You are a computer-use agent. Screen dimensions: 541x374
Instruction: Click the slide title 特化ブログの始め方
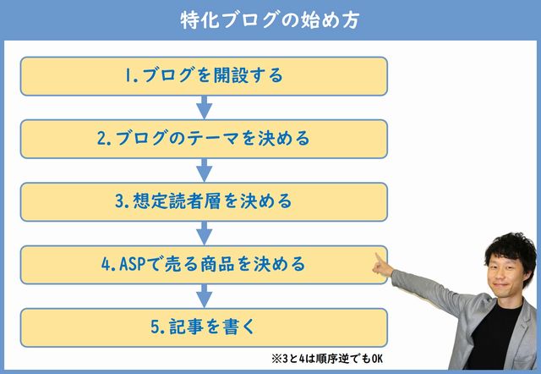pos(270,19)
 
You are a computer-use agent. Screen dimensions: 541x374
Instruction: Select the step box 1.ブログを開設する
pos(204,76)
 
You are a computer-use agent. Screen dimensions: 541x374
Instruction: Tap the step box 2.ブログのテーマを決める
pos(204,139)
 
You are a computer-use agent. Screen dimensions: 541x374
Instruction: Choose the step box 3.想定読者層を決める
pos(204,202)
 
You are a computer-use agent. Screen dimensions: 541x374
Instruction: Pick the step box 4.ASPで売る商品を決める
pos(204,265)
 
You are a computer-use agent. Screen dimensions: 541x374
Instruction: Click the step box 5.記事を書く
pos(204,327)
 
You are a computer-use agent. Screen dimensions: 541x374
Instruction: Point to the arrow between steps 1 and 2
pos(205,107)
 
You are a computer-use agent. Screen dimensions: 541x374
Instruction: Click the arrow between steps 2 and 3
pos(205,170)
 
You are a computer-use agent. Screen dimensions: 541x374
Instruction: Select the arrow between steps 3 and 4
pos(205,233)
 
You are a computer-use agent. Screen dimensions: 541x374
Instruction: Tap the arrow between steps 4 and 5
pos(205,296)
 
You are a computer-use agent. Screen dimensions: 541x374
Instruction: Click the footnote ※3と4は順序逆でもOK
pos(327,359)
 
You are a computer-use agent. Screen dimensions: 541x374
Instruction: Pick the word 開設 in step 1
pos(231,75)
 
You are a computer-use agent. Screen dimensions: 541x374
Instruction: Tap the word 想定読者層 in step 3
pos(177,201)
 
